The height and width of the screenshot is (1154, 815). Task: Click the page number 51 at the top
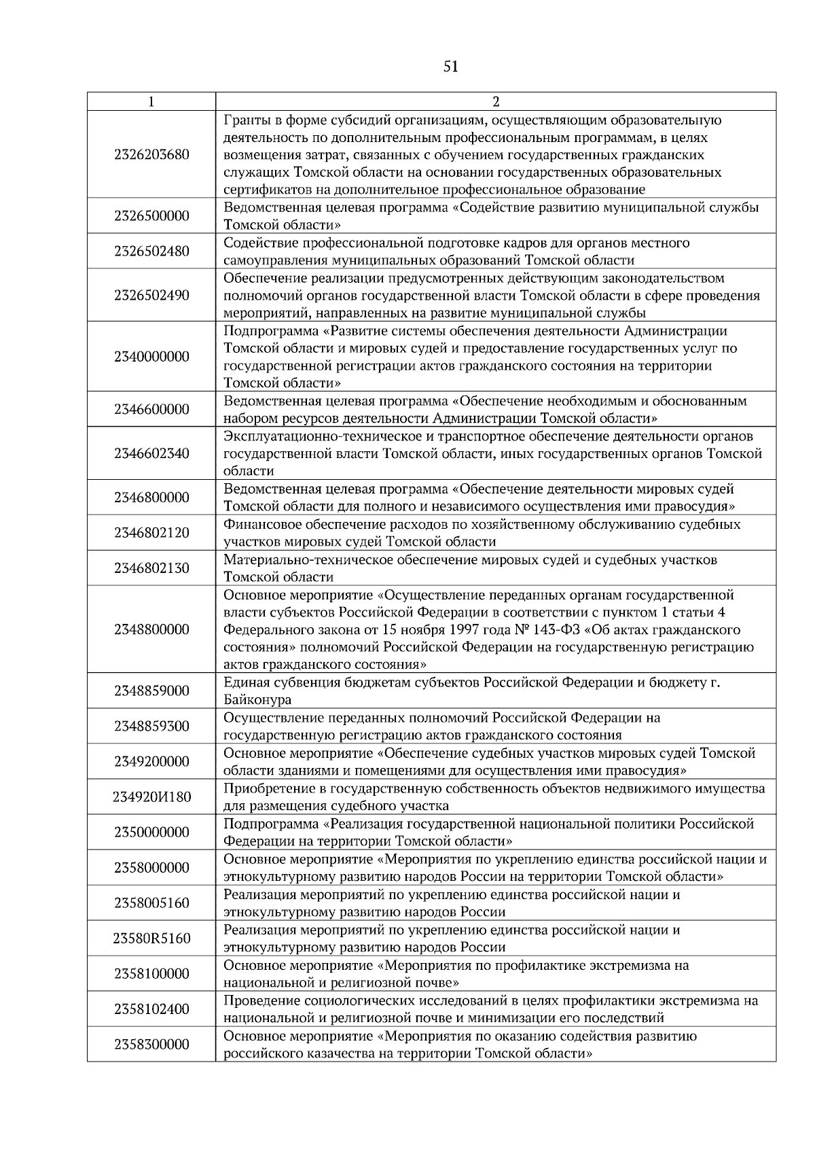(x=450, y=67)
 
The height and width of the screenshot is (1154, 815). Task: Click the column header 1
(x=151, y=102)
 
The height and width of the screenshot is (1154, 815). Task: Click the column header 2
(x=495, y=102)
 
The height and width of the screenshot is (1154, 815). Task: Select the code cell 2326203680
(x=151, y=154)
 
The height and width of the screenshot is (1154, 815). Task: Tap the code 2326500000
(x=151, y=216)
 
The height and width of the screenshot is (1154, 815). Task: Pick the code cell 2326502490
(x=151, y=296)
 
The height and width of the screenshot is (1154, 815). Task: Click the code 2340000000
(x=151, y=357)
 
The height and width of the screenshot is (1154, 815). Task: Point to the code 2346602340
(x=151, y=453)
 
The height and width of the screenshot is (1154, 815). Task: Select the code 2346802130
(x=151, y=568)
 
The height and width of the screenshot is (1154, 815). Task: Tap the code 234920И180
(x=151, y=797)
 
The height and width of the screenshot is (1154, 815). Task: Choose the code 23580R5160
(x=151, y=939)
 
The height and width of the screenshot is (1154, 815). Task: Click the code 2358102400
(x=151, y=1009)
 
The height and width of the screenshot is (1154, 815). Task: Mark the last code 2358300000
(x=151, y=1045)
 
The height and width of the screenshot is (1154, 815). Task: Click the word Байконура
(x=257, y=700)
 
